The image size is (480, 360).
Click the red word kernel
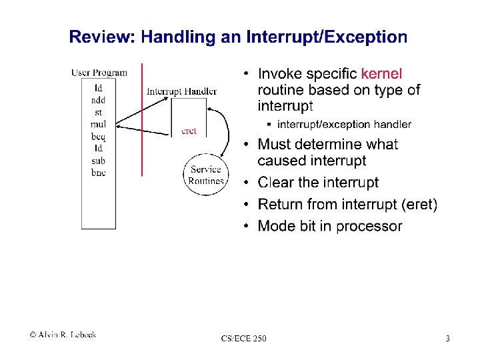point(381,73)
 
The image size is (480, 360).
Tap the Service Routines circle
point(205,175)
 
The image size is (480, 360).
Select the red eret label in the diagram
point(189,131)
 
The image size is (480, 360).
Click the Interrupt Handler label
point(181,91)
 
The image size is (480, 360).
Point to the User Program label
point(99,73)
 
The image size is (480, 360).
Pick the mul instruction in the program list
point(98,124)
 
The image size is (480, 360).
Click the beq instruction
point(98,136)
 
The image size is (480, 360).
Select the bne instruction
point(98,173)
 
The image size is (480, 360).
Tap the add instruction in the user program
point(98,100)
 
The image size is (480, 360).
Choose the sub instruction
point(98,161)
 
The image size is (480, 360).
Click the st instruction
point(98,112)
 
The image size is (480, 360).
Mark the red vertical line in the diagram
point(142,120)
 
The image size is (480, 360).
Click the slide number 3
point(448,339)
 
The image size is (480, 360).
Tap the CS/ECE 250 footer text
point(244,339)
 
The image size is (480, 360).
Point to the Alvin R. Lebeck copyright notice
point(63,335)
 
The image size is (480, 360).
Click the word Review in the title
point(102,37)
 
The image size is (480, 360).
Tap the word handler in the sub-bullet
point(391,124)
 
